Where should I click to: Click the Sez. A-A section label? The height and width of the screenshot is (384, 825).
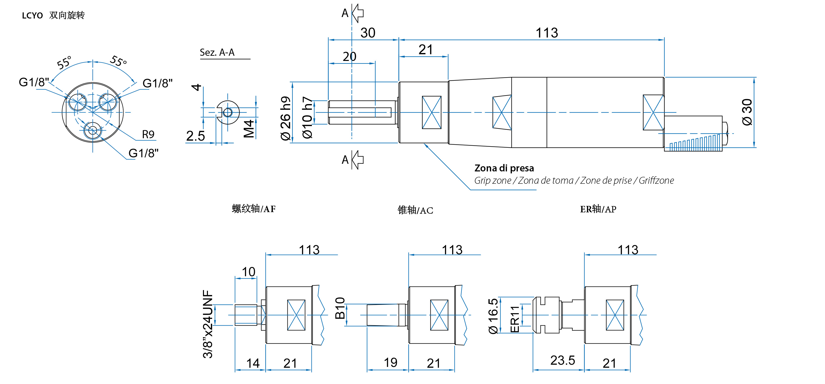click(x=217, y=53)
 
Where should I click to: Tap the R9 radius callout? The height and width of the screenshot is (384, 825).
click(x=148, y=134)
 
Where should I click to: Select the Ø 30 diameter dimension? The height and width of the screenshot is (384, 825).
click(x=747, y=112)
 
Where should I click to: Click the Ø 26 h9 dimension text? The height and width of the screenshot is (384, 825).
click(x=285, y=118)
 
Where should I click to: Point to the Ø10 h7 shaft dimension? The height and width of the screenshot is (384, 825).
click(x=307, y=117)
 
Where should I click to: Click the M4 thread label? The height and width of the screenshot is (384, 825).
click(x=249, y=129)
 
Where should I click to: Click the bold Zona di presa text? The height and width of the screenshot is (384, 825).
click(x=504, y=168)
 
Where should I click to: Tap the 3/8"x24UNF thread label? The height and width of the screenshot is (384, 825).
click(x=208, y=324)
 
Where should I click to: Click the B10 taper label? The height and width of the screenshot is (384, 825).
click(x=340, y=308)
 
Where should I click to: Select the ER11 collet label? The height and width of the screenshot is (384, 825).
click(x=514, y=319)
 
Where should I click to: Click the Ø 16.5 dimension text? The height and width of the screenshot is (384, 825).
click(x=493, y=316)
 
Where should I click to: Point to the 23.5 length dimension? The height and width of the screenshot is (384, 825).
click(x=562, y=361)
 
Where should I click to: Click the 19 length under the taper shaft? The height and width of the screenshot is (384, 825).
click(x=390, y=363)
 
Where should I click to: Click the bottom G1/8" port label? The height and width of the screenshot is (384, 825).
click(x=143, y=153)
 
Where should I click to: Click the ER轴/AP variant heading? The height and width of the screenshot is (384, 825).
click(x=598, y=209)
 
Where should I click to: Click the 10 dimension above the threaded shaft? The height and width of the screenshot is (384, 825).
click(x=248, y=272)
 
